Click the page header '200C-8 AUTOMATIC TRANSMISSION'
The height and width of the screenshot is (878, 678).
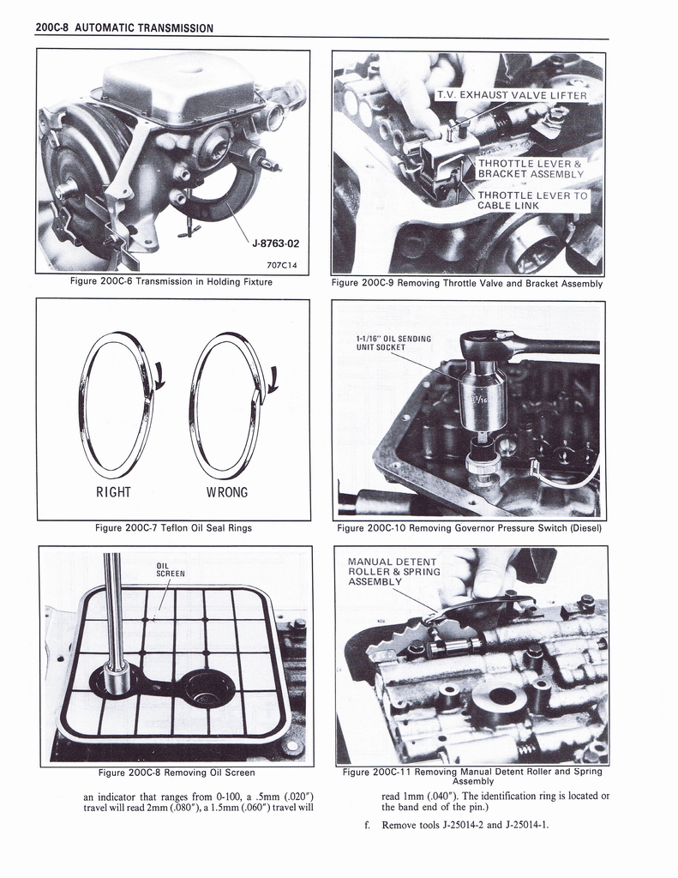click(x=124, y=28)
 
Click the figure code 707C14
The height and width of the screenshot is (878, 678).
click(x=282, y=266)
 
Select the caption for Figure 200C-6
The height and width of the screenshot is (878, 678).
click(x=172, y=282)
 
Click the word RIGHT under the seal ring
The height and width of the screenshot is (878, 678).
click(x=113, y=492)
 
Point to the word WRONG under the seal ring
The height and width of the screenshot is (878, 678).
click(x=227, y=492)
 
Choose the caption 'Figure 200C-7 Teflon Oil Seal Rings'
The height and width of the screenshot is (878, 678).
click(x=173, y=528)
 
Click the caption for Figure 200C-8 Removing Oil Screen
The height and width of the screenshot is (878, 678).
click(x=176, y=773)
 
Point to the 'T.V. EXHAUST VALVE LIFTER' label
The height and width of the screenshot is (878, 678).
click(x=511, y=95)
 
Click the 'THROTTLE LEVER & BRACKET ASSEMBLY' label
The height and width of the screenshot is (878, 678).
click(x=530, y=169)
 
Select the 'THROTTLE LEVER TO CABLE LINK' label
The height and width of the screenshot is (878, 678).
click(x=532, y=201)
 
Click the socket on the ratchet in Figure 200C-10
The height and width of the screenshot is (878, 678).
click(x=482, y=393)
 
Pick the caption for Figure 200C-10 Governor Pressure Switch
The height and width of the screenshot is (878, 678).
click(x=469, y=528)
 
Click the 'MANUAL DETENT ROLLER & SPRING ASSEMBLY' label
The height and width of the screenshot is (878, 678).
click(x=393, y=572)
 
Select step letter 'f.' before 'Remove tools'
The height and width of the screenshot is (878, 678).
click(x=369, y=825)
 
